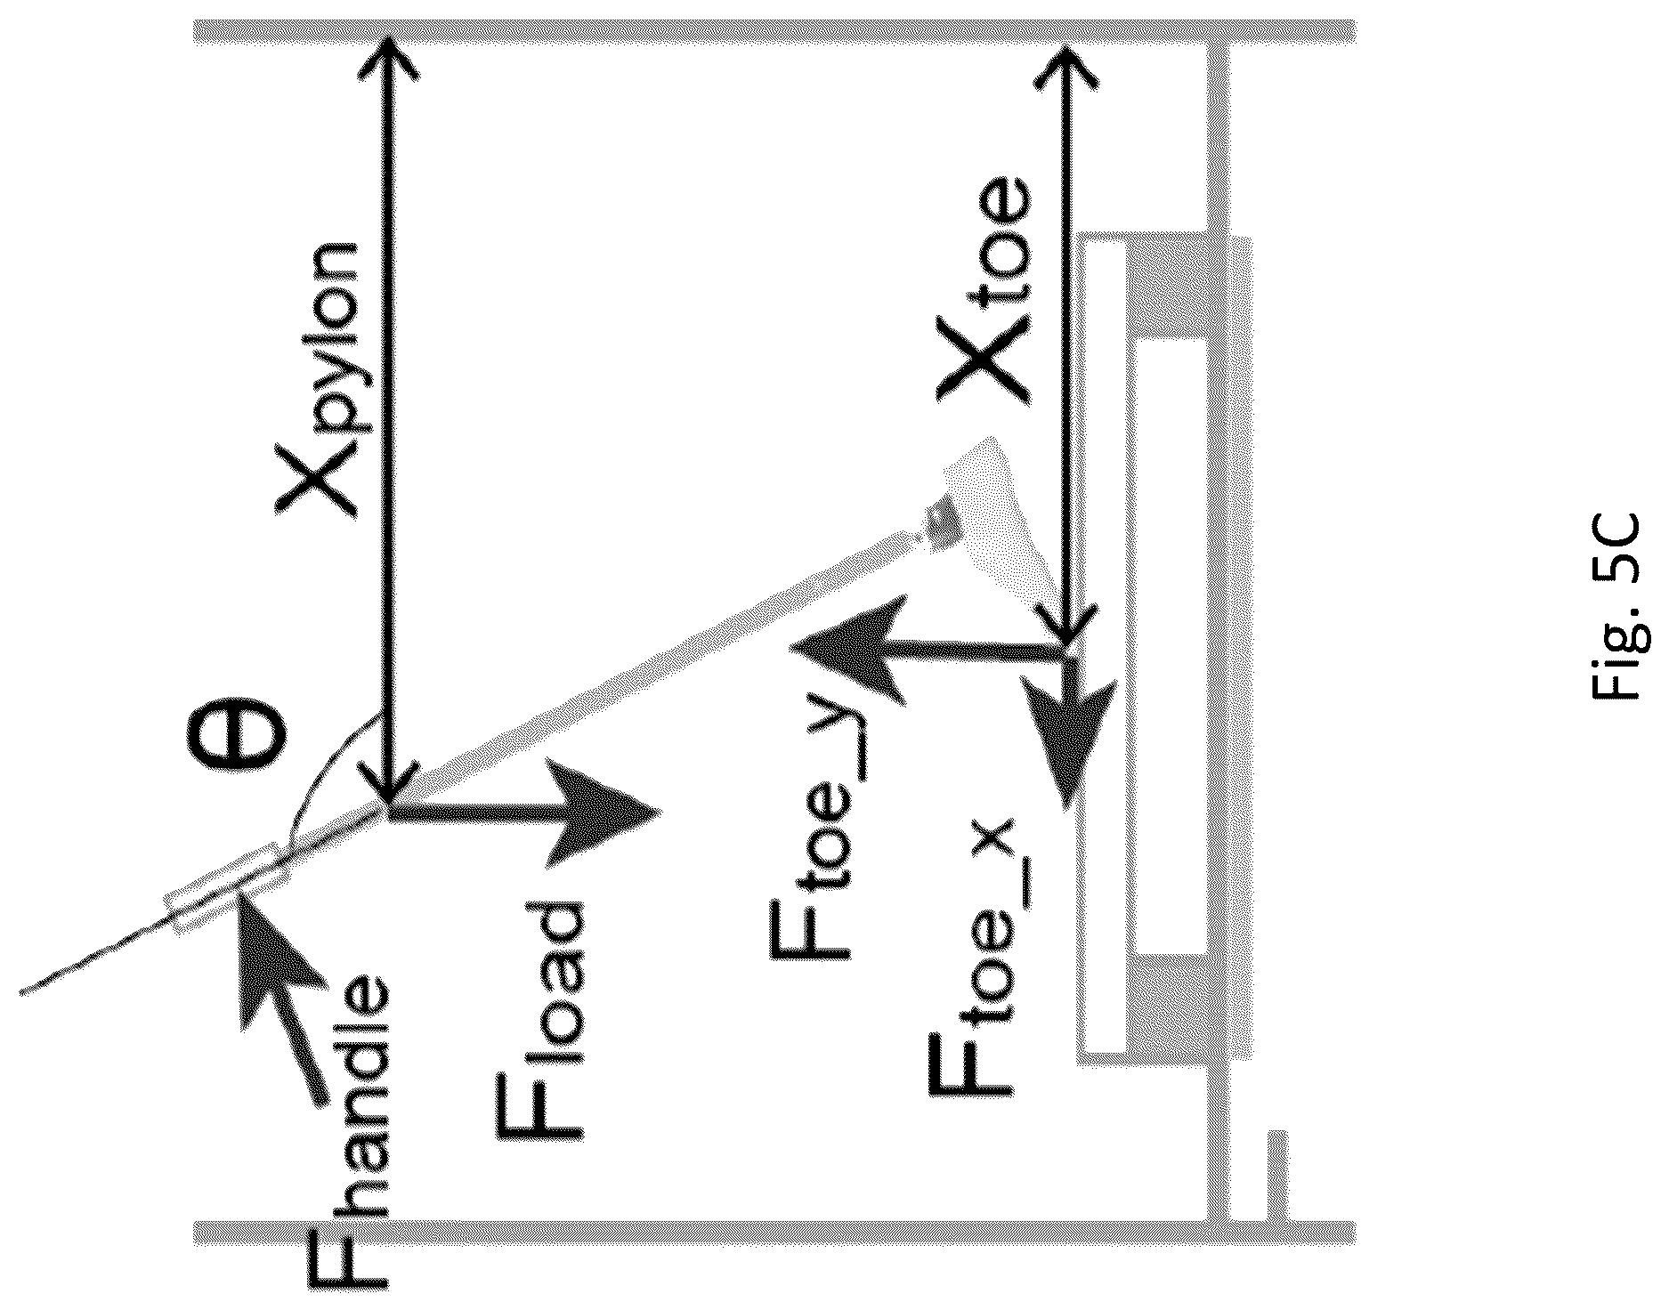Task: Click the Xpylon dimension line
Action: [389, 418]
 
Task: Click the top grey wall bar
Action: [774, 32]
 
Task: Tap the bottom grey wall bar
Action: [774, 1231]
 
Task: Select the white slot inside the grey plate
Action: [1171, 646]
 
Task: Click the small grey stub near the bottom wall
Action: [1276, 1175]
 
